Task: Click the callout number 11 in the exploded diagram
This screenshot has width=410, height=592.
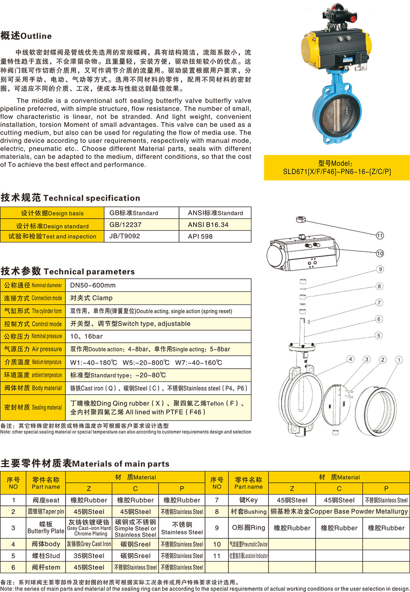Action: tap(380, 235)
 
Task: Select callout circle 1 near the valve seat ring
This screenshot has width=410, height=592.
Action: tap(399, 360)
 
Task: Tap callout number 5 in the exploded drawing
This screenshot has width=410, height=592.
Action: tap(378, 335)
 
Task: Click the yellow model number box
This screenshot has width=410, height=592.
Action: tap(337, 167)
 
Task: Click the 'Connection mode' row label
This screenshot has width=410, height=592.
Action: tap(33, 298)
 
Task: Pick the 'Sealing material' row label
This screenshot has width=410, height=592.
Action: tap(33, 407)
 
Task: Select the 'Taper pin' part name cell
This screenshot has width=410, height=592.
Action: tap(46, 511)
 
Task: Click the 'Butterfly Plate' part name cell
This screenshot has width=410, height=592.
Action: tap(46, 528)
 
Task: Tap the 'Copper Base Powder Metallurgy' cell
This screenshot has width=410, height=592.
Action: tap(339, 511)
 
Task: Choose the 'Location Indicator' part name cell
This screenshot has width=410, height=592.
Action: tap(248, 556)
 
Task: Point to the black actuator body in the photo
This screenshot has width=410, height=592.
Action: tap(328, 47)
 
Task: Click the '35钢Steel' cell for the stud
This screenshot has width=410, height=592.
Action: tap(89, 556)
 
